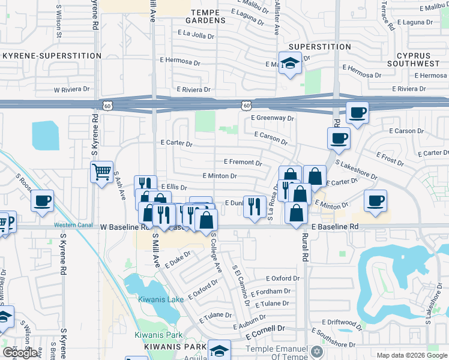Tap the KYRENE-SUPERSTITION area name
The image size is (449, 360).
(52, 56)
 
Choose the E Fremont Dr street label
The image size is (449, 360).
(243, 162)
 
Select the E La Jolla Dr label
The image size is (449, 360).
(196, 35)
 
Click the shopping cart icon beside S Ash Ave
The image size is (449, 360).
(101, 172)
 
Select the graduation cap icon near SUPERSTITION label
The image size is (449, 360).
(290, 63)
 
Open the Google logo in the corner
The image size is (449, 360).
(20, 353)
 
